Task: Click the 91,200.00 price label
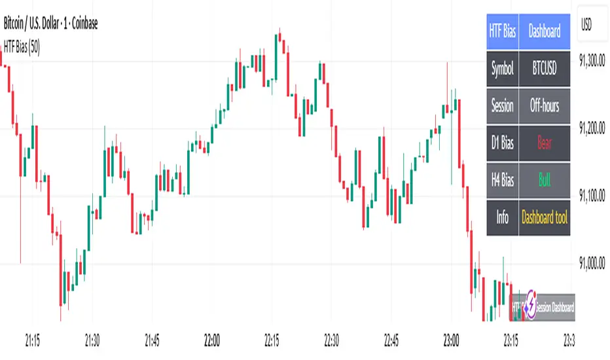coord(592,128)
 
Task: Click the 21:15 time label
coord(32,340)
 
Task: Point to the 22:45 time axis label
coord(391,340)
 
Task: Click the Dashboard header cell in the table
coord(545,31)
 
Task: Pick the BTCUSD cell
coord(545,68)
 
